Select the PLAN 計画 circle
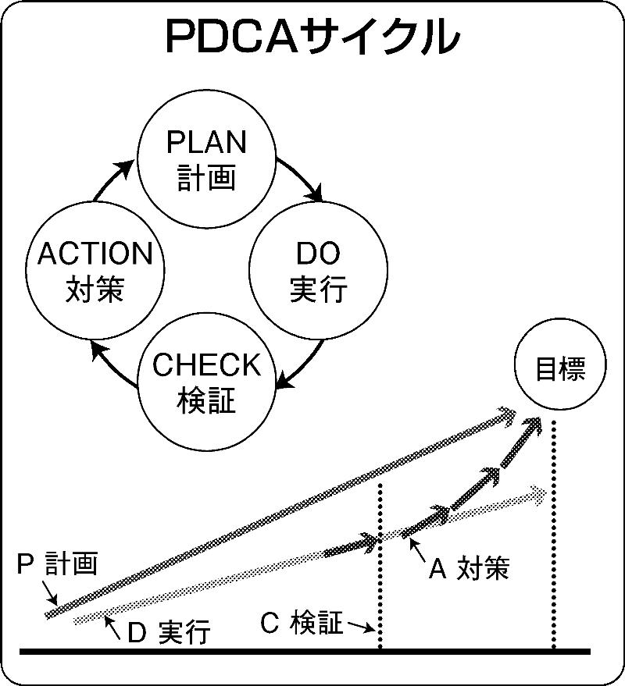pyautogui.click(x=207, y=160)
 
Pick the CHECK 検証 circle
pyautogui.click(x=207, y=382)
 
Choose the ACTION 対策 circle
pyautogui.click(x=95, y=271)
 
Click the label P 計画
pyautogui.click(x=58, y=563)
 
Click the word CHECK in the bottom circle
pyautogui.click(x=207, y=365)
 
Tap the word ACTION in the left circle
pyautogui.click(x=95, y=254)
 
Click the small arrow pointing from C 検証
pyautogui.click(x=359, y=627)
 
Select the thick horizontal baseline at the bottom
pyautogui.click(x=305, y=651)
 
